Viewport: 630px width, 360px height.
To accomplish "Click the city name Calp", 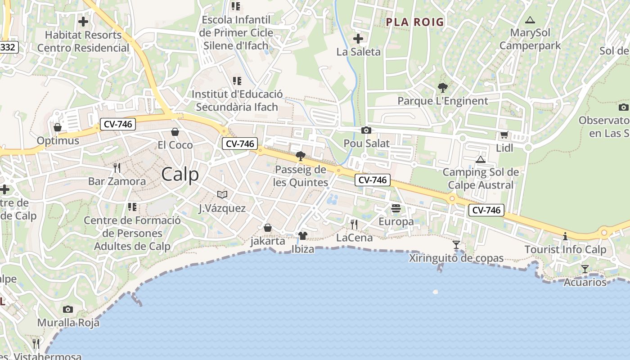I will (x=180, y=174).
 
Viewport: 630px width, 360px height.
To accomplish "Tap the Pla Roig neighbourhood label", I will (x=415, y=22).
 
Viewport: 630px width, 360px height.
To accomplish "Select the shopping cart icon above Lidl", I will (x=504, y=135).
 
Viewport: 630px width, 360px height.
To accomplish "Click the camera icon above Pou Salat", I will (x=366, y=130).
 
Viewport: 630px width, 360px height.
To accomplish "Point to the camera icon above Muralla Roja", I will (x=68, y=309).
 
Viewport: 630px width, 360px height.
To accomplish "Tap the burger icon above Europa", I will (x=396, y=208).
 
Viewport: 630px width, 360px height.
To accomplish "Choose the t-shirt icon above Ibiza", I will (x=302, y=236).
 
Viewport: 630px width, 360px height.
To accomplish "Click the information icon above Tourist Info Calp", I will (x=565, y=236).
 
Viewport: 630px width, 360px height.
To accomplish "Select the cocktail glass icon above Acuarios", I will (x=585, y=269).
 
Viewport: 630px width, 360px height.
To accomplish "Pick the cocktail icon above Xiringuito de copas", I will (x=456, y=245).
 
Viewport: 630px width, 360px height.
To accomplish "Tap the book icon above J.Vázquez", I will (x=222, y=194).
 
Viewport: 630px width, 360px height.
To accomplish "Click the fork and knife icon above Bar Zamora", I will (x=117, y=168).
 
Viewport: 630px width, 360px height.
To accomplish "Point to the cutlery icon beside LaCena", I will (x=354, y=224).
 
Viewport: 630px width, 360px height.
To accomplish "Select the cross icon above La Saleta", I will (x=358, y=39).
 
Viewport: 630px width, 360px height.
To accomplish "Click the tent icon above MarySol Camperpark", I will (x=530, y=20).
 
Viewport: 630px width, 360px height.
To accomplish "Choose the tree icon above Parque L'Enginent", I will (x=442, y=88).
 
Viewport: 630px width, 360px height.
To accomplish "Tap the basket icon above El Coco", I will (x=175, y=132).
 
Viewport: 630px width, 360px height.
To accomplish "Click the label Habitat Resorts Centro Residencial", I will (x=83, y=41).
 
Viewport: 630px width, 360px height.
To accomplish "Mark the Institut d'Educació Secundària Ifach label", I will (x=237, y=101).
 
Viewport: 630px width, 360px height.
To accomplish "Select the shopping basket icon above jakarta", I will (x=268, y=228).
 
